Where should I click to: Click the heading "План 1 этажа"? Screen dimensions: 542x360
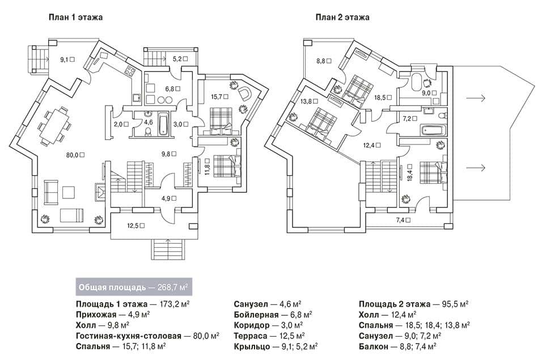(x=75, y=17)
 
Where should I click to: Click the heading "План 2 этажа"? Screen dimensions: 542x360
(x=342, y=17)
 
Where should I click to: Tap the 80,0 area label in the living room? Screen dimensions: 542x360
(x=75, y=155)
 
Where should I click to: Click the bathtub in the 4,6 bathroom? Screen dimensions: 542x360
(x=163, y=124)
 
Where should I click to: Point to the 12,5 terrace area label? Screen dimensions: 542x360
(x=135, y=226)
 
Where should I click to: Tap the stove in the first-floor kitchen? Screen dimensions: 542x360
(x=130, y=71)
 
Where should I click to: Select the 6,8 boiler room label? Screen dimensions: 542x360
(x=172, y=89)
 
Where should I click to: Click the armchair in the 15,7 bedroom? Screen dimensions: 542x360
(x=244, y=93)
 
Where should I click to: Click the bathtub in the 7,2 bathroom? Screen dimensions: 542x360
(x=433, y=131)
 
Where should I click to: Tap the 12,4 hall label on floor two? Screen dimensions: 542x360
(x=372, y=146)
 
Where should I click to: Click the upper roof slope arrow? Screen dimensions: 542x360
(x=476, y=99)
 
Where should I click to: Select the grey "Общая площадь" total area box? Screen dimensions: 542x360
(x=134, y=287)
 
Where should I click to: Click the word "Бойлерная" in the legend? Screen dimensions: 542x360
(x=256, y=315)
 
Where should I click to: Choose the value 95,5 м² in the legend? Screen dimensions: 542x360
(x=455, y=304)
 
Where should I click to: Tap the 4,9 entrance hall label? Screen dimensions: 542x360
(x=169, y=198)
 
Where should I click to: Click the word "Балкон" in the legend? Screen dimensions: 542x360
(x=373, y=346)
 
